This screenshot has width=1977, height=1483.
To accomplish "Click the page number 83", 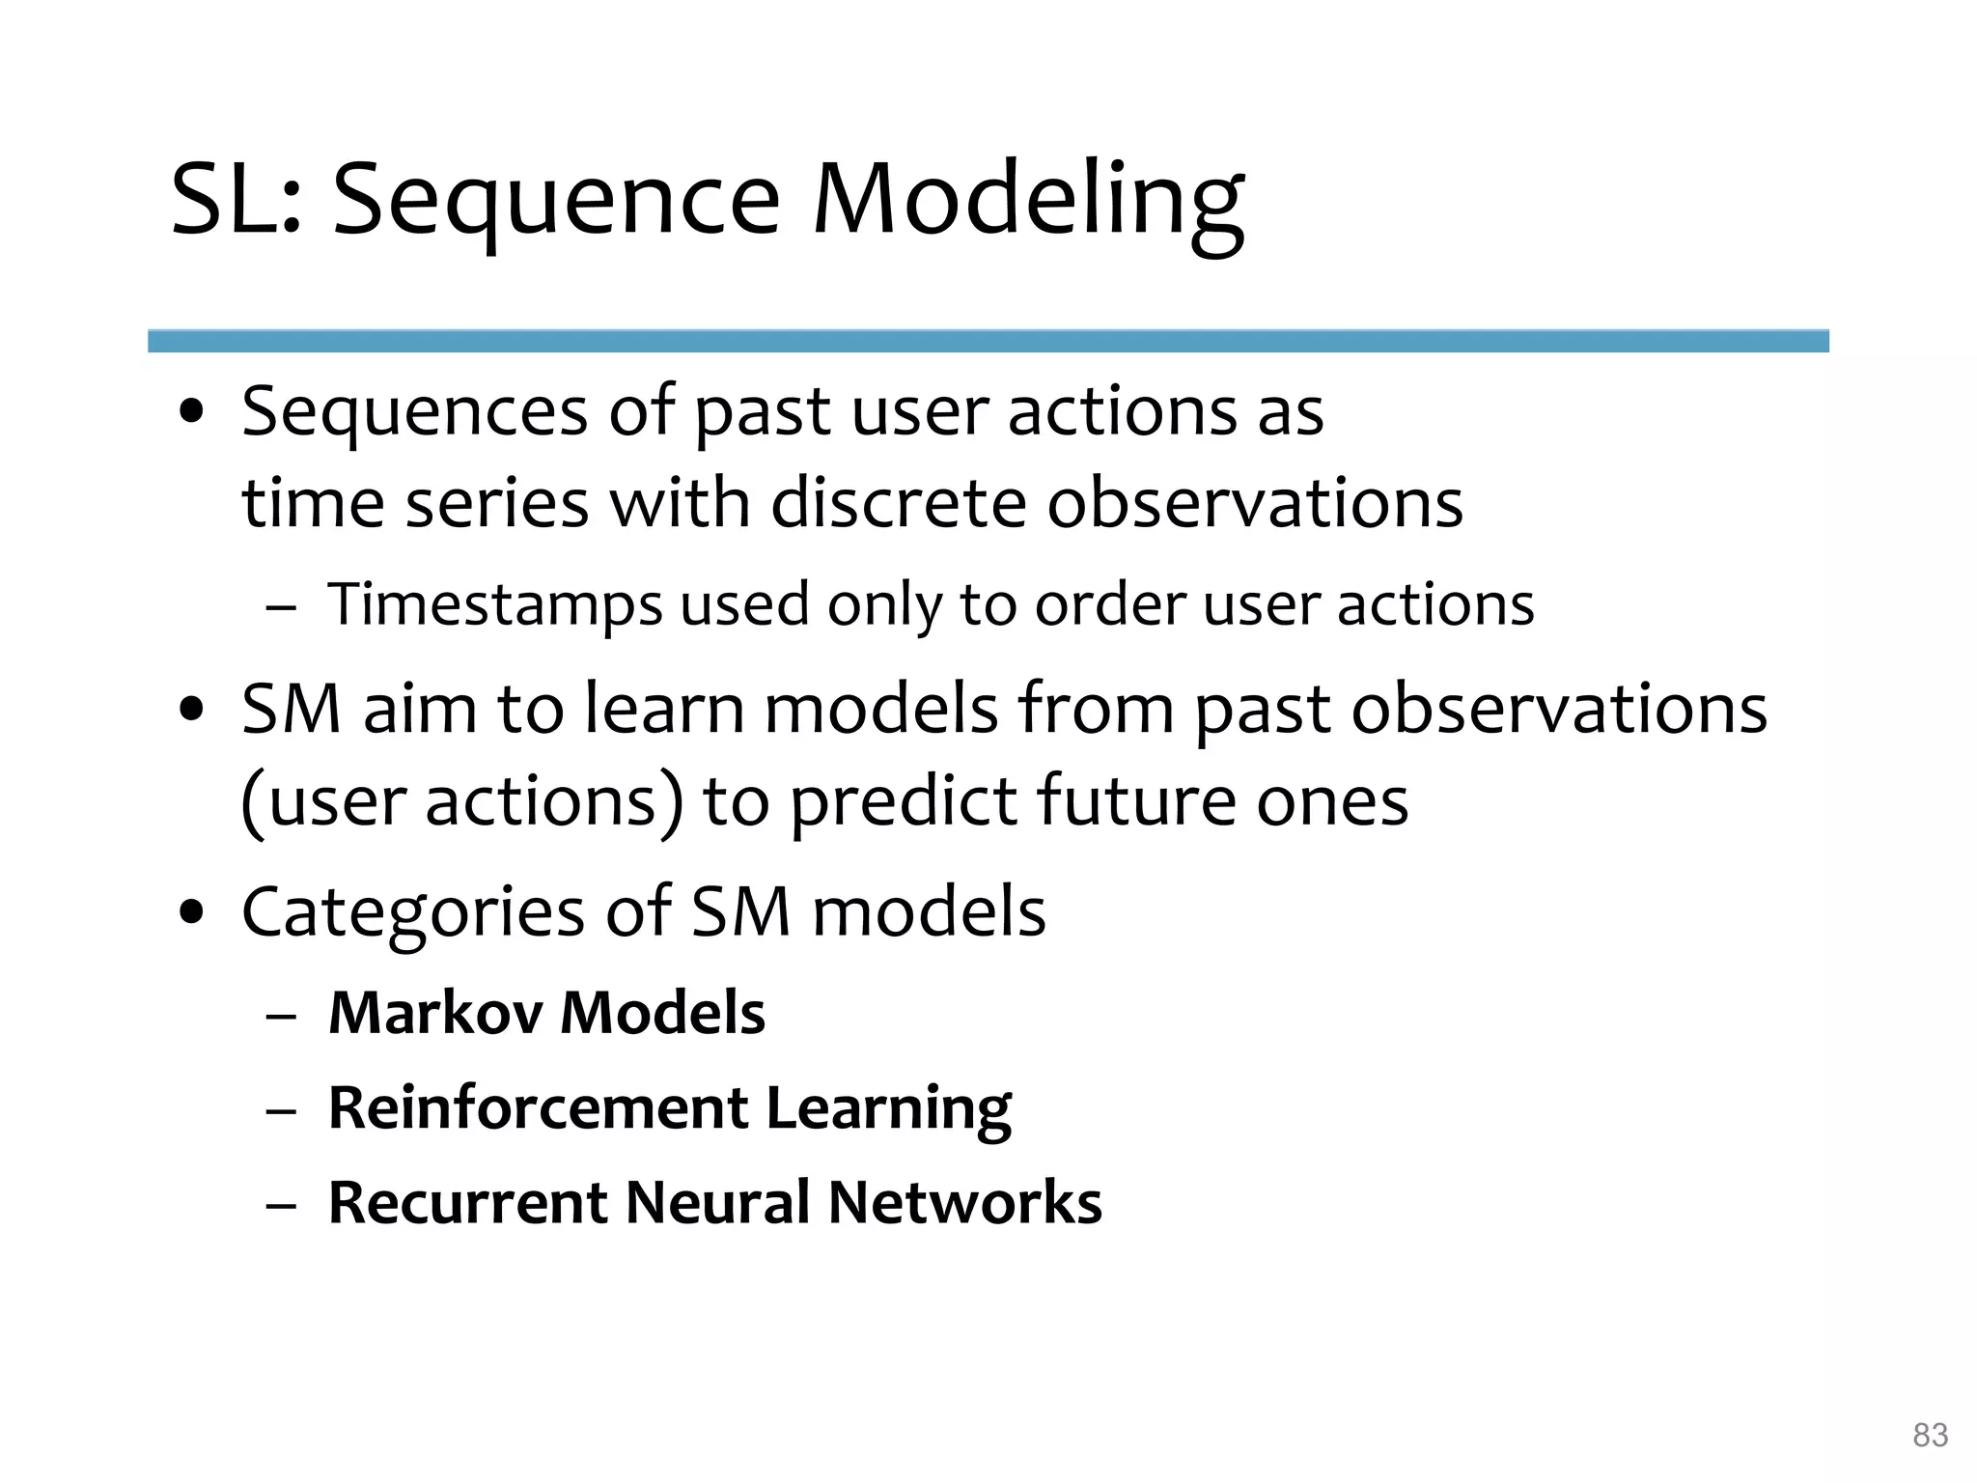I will (1930, 1435).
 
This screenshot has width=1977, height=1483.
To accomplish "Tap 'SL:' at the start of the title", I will (237, 201).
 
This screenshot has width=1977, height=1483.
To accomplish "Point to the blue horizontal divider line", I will (988, 341).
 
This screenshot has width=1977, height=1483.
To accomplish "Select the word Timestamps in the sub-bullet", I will (494, 605).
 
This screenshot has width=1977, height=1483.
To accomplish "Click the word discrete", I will (898, 504).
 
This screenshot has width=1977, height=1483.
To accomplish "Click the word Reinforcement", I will (538, 1107).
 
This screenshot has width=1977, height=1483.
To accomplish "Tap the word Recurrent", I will (468, 1203).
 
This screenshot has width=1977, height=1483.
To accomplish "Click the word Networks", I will (964, 1203).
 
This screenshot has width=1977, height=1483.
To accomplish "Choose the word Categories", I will (412, 912).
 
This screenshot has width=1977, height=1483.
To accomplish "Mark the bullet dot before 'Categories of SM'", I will (192, 912).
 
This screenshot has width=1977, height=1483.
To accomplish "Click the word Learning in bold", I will (887, 1108).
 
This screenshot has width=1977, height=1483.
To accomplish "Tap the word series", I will (496, 504).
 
